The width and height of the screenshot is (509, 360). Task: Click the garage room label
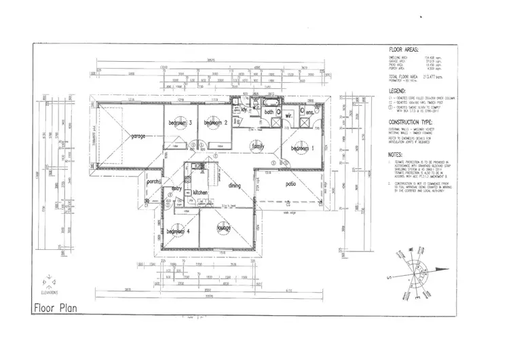[140, 135]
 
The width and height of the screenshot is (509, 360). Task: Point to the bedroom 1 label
[304, 148]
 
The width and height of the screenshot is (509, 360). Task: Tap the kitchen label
[200, 193]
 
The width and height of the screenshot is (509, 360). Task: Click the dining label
[235, 185]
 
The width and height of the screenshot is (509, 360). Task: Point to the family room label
[258, 145]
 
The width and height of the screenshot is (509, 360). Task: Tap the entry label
[176, 188]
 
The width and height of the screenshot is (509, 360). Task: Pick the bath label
[269, 112]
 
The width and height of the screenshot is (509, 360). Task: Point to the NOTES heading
[396, 154]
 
